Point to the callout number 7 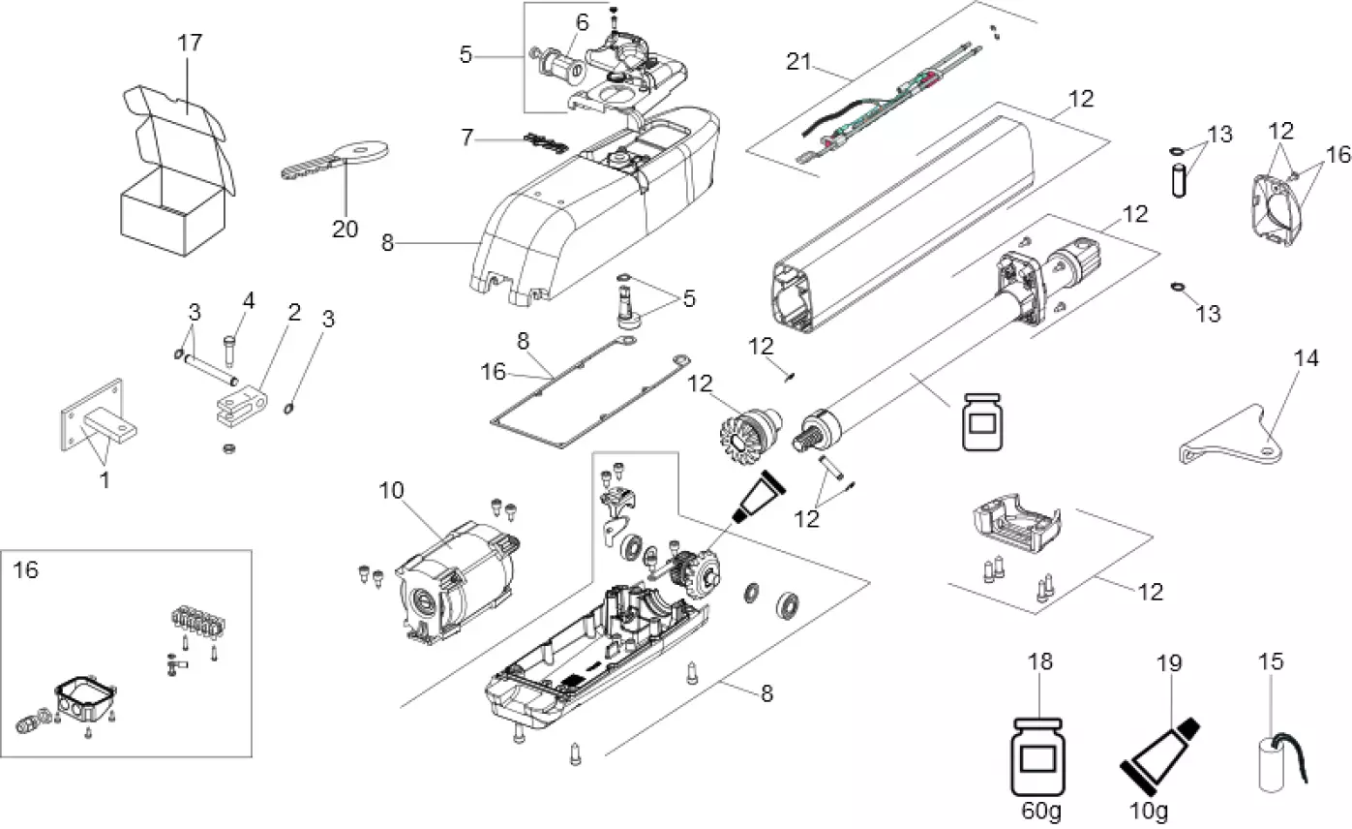467,138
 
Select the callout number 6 582,22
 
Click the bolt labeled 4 228,345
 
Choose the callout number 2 293,312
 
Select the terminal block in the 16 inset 200,621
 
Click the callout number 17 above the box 190,44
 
